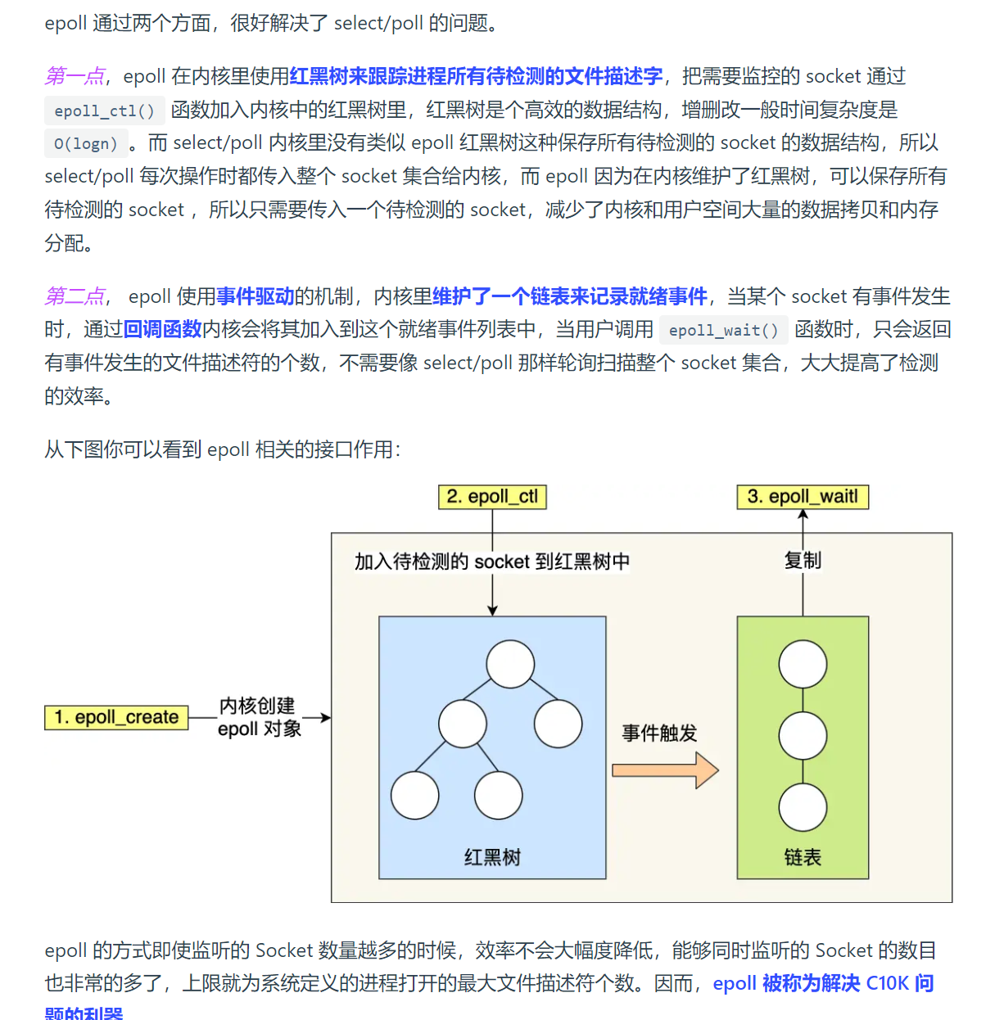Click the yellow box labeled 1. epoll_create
[x=116, y=717]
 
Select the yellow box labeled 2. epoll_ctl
[x=492, y=497]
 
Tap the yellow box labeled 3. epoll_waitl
[x=803, y=497]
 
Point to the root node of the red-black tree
[x=510, y=664]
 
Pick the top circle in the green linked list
[x=803, y=664]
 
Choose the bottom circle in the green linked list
[x=803, y=807]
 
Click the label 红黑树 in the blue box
[x=492, y=857]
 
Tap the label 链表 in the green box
[x=803, y=857]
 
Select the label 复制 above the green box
[x=803, y=561]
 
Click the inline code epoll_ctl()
[x=104, y=111]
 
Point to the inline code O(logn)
[x=86, y=144]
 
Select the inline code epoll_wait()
[x=723, y=330]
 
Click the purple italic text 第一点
[x=75, y=76]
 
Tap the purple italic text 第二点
[x=75, y=296]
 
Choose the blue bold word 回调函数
[x=162, y=329]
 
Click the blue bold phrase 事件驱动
[x=255, y=296]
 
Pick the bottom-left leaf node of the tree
[x=414, y=796]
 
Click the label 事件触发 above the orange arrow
[x=659, y=733]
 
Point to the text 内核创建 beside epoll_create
[x=257, y=706]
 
